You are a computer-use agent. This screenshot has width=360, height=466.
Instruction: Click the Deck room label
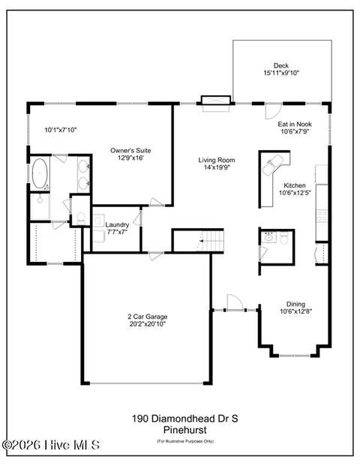pos(281,66)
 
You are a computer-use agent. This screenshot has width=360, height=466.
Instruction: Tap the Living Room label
pos(217,160)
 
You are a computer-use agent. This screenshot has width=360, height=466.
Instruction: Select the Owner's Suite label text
pos(130,151)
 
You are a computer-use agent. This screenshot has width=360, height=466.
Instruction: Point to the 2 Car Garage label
pos(147,317)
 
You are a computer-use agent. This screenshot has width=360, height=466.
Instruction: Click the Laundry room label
pos(117,225)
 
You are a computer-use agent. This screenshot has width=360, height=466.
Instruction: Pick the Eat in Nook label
pos(295,125)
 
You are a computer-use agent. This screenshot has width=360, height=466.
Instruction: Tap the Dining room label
pos(295,304)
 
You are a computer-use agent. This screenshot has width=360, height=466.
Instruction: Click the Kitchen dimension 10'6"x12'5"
pos(295,193)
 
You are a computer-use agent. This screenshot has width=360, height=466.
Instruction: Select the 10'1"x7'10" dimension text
pos(61,130)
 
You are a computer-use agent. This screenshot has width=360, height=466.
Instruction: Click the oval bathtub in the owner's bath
pos(40,173)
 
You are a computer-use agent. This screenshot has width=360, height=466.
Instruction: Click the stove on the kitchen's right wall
pos(322,216)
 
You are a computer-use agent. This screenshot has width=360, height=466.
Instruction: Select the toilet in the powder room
pos(284,237)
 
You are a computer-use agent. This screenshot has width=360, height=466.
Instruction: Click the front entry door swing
pos(235,302)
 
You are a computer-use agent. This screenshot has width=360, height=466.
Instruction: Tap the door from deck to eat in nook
pos(273,111)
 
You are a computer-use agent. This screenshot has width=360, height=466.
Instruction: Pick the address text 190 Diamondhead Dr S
pos(185,419)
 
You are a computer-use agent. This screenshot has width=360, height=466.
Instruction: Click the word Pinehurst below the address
pos(185,430)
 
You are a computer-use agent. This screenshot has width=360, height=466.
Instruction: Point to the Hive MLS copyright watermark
pos(51,445)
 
